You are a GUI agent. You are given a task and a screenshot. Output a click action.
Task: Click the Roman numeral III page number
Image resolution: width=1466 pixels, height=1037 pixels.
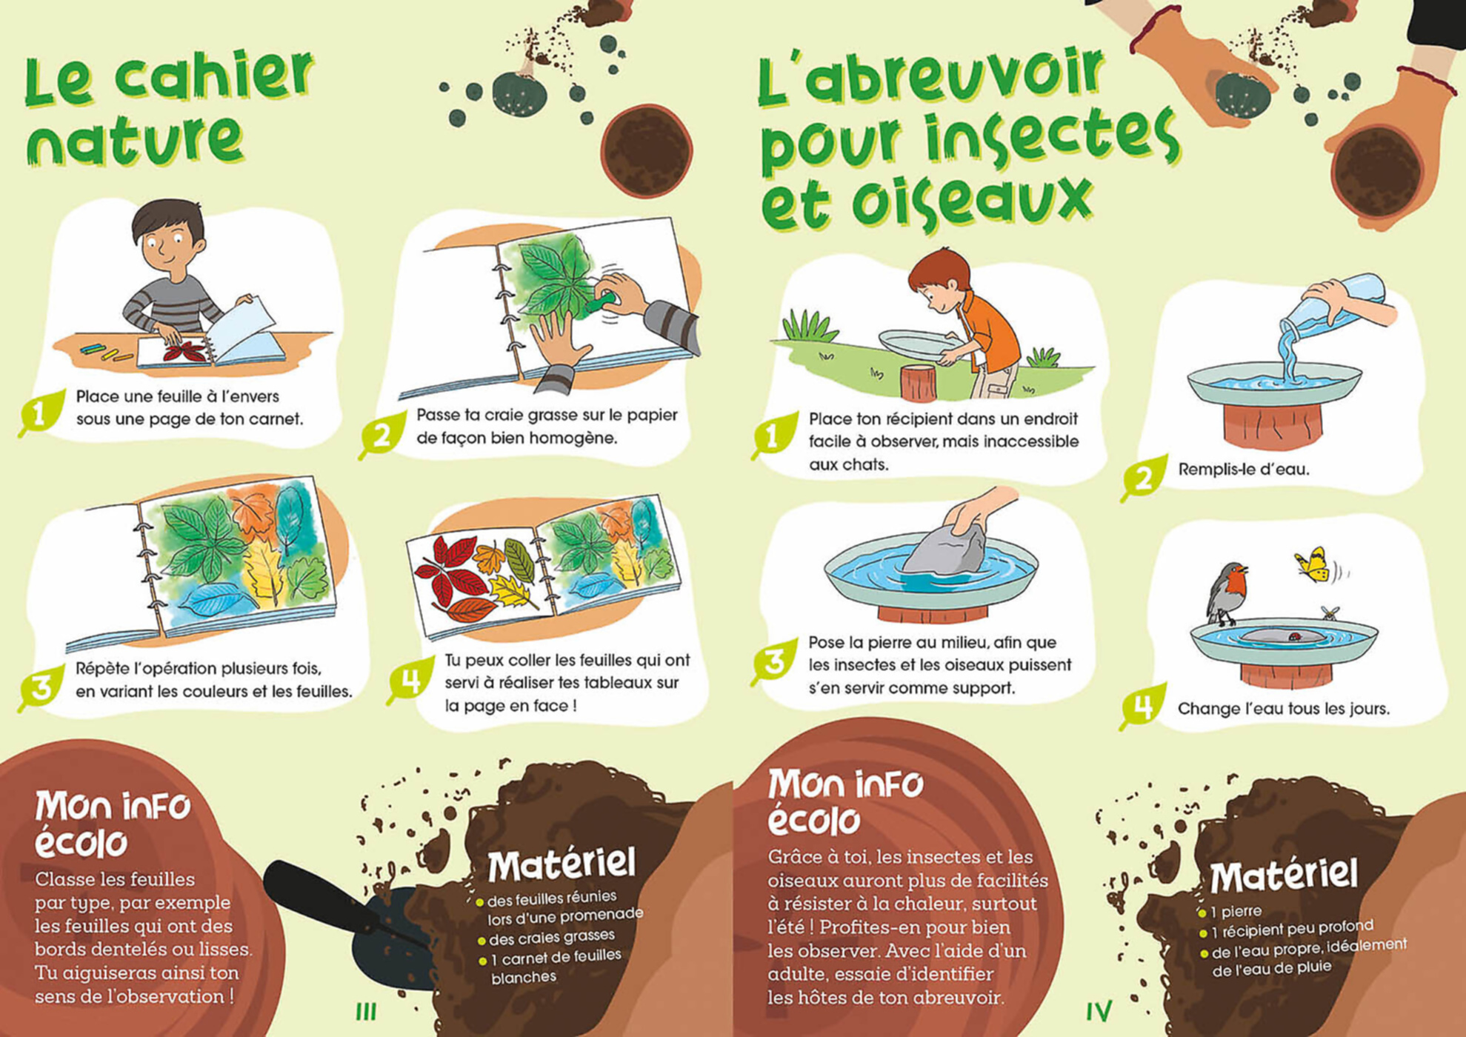coord(366,1011)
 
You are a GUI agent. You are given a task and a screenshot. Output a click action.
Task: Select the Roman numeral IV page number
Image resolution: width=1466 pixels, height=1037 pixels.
coord(1099,1011)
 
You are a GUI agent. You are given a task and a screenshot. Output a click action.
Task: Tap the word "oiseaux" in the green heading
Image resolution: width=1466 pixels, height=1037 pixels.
coord(971,201)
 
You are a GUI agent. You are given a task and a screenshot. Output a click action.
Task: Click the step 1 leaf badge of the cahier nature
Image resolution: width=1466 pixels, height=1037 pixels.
coord(41,412)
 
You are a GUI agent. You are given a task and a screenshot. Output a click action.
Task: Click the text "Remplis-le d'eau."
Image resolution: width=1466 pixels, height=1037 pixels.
coord(1243,469)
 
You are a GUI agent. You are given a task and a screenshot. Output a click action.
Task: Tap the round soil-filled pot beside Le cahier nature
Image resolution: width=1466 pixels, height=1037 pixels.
coord(647,152)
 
